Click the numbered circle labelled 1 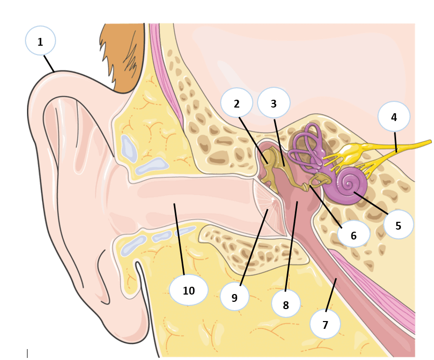[40, 41]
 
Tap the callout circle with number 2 [237, 103]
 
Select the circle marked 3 [274, 102]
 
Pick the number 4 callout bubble [394, 116]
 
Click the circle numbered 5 [399, 224]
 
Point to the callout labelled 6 [354, 234]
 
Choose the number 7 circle [325, 324]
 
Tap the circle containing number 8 [286, 304]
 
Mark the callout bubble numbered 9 [235, 297]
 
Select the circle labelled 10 [189, 290]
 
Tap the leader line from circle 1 [49, 64]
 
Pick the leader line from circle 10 [179, 239]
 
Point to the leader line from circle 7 [331, 295]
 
